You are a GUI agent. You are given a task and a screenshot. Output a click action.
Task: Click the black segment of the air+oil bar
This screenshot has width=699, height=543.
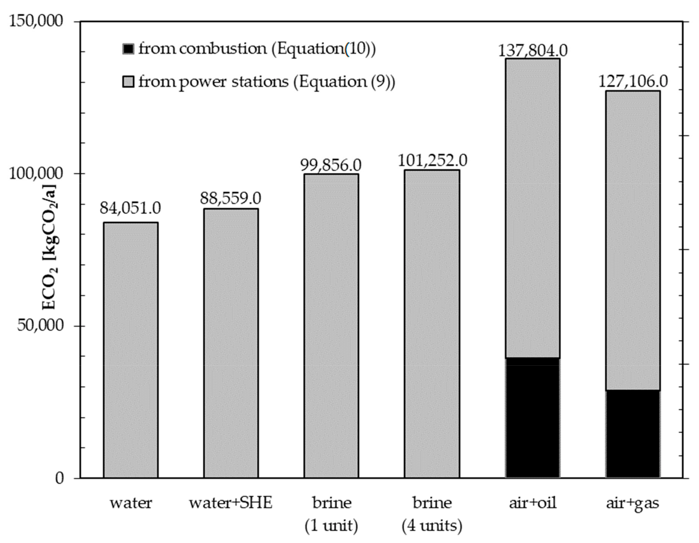tap(533, 418)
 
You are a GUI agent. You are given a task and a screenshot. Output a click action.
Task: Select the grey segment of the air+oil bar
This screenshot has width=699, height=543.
tap(533, 208)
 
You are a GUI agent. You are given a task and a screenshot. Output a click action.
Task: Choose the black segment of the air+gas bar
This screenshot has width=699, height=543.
tap(633, 434)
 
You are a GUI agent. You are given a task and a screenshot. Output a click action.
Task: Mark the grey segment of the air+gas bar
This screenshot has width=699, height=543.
tap(633, 240)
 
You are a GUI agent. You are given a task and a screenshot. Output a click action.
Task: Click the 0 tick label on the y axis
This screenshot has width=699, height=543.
tap(59, 478)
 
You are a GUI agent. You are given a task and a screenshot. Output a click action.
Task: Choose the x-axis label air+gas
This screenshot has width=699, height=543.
tap(633, 503)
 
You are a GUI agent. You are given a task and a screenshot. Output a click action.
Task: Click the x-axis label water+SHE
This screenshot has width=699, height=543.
tap(231, 503)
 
